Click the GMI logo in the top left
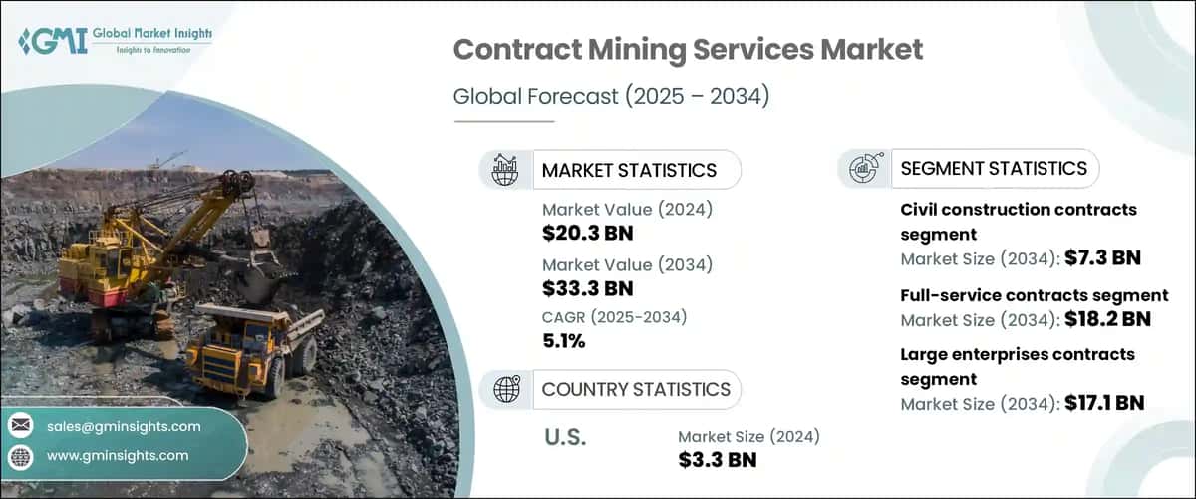tap(115, 41)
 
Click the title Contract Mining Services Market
tap(688, 50)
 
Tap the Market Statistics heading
tap(628, 170)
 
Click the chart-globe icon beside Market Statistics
tap(506, 170)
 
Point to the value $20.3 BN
tap(587, 234)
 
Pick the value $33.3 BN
tap(587, 289)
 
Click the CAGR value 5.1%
tap(563, 341)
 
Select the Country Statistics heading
tap(635, 389)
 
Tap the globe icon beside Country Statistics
tap(506, 389)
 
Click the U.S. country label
tap(563, 437)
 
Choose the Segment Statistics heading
tap(993, 168)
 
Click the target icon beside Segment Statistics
tap(863, 168)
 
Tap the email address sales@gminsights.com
tap(124, 426)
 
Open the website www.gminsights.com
tap(118, 455)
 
